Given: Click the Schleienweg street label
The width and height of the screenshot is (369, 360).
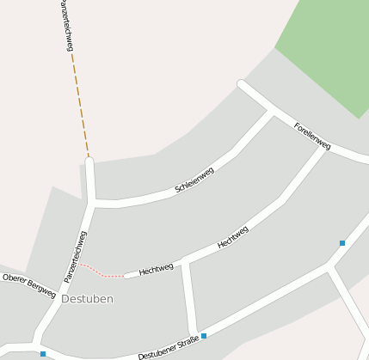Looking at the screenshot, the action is (x=194, y=179).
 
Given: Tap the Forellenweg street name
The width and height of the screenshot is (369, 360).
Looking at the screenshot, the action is (x=312, y=136).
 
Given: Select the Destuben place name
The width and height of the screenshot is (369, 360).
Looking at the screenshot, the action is (x=87, y=298).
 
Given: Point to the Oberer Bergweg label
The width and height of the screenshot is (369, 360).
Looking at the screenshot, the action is (x=28, y=284).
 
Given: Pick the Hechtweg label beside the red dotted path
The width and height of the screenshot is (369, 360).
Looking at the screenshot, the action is (x=157, y=268).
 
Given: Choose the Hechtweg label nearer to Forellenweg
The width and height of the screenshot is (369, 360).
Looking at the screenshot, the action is (x=233, y=237).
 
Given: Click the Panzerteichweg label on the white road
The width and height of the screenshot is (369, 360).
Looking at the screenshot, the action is (x=76, y=256).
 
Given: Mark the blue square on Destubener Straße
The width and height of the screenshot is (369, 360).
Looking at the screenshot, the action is (x=204, y=335).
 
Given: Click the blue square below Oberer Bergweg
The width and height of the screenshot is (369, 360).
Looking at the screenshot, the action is (x=43, y=353).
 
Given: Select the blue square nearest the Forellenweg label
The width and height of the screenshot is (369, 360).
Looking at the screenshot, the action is (x=342, y=243).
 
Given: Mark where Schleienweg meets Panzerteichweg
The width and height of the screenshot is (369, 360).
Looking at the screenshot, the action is (x=92, y=203).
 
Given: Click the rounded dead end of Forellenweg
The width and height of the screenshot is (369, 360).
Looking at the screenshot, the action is (x=243, y=85).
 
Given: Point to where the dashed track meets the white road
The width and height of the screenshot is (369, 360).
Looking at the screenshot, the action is (x=89, y=159).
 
